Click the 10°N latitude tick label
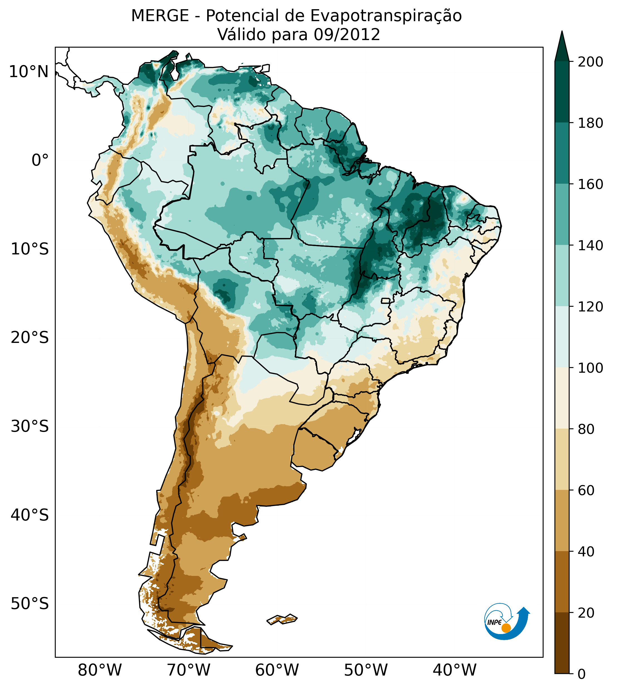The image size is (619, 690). click(x=29, y=72)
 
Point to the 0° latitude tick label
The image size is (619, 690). click(x=40, y=160)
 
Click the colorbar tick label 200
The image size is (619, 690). click(x=590, y=62)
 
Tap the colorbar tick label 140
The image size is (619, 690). click(x=590, y=246)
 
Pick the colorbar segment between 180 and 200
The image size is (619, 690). click(x=562, y=92)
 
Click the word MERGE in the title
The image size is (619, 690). click(x=160, y=16)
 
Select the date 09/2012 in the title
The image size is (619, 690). click(x=347, y=35)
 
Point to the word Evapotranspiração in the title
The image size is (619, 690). click(x=386, y=16)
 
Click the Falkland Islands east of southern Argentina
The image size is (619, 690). click(x=282, y=619)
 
